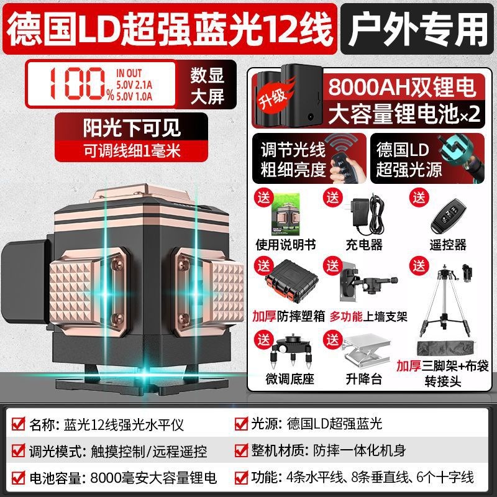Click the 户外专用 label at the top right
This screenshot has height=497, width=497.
(x=417, y=27)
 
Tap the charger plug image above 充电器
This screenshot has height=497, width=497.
(x=363, y=213)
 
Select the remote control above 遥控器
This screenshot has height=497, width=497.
(x=449, y=214)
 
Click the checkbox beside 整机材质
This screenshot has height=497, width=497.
(x=242, y=451)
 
